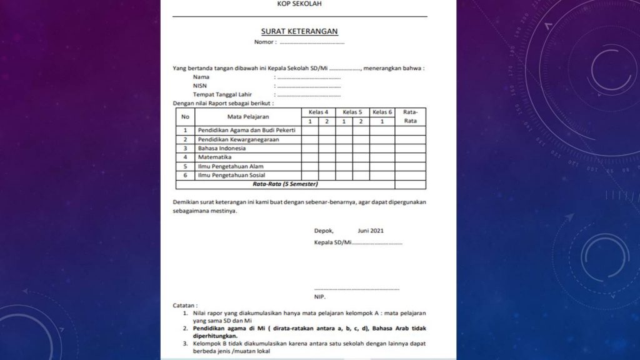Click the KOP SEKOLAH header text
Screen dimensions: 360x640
pos(300,4)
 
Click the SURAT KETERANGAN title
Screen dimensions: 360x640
pos(299,31)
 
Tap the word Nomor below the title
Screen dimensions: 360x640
pos(264,42)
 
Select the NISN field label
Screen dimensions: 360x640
pos(200,86)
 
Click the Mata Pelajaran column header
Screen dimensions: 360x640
pos(247,116)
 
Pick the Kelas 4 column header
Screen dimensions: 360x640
pos(318,112)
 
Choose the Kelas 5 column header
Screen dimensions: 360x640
pos(352,112)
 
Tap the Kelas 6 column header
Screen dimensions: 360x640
pos(382,112)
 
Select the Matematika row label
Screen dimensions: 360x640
pos(214,157)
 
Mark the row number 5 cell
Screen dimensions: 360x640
pos(185,167)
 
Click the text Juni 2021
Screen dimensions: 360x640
pos(371,231)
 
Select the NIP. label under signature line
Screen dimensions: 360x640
pos(320,297)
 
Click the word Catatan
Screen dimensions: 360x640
pos(185,305)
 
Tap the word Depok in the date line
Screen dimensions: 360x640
pos(324,231)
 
